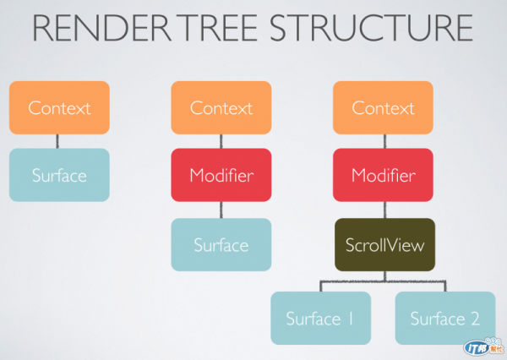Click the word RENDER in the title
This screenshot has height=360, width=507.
tap(101, 28)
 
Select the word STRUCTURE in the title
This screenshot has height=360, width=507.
tap(371, 28)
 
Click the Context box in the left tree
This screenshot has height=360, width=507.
tap(59, 107)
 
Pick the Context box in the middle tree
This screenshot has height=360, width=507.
tap(221, 107)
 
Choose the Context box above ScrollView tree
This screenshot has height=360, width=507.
tap(383, 107)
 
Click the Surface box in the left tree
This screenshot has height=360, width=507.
tap(59, 175)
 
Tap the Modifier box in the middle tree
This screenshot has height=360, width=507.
tap(221, 175)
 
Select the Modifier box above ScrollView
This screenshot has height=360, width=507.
tap(383, 175)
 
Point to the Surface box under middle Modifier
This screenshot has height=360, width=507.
tap(221, 244)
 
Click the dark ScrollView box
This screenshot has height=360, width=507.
tap(384, 244)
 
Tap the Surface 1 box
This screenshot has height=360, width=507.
tap(321, 319)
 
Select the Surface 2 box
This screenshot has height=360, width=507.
tap(445, 319)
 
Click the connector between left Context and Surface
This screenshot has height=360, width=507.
tap(57, 141)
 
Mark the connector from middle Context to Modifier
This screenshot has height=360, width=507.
tap(221, 141)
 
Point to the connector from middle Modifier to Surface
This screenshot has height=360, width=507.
tap(221, 210)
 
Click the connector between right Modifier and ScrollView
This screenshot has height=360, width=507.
tap(384, 210)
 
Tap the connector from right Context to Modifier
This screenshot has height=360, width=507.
tap(384, 141)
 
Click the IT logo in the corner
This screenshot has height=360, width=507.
tap(483, 346)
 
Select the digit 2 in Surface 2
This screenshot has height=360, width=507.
tap(475, 319)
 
